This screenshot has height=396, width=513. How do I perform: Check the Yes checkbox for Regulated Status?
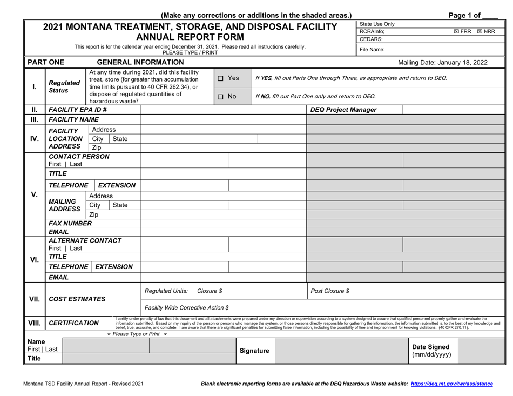pyautogui.click(x=221, y=78)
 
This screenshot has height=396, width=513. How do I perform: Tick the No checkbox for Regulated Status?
pyautogui.click(x=221, y=97)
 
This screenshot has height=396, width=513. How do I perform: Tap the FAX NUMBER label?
pyautogui.click(x=70, y=223)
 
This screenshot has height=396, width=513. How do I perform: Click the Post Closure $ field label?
pyautogui.click(x=330, y=291)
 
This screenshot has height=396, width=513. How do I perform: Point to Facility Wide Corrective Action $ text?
pyautogui.click(x=187, y=307)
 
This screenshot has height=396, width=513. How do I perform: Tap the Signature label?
pyautogui.click(x=254, y=351)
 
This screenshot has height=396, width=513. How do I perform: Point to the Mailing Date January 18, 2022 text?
pyautogui.click(x=442, y=62)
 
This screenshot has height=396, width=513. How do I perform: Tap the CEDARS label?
pyautogui.click(x=371, y=39)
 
